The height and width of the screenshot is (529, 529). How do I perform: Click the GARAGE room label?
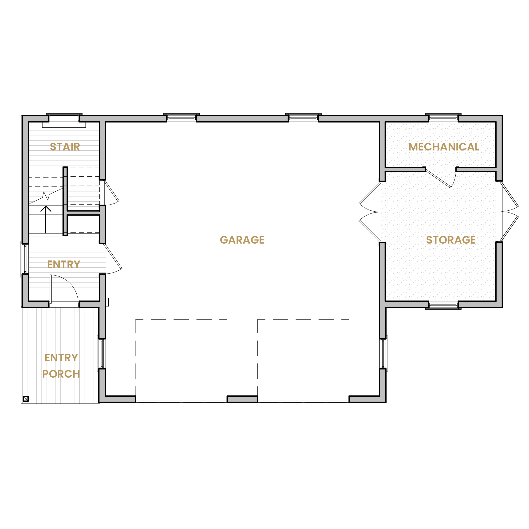tap(242, 240)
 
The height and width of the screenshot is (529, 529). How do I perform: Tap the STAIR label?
tap(65, 147)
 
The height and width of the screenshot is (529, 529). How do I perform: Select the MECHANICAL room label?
tap(444, 147)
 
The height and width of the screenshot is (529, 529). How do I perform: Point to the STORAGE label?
tap(451, 240)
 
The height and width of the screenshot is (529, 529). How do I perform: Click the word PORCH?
tap(61, 374)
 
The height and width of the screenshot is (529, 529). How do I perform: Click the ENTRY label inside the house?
tap(63, 264)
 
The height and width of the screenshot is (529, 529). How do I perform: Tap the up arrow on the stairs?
tap(46, 220)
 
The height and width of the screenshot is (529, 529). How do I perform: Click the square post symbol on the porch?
tap(26, 399)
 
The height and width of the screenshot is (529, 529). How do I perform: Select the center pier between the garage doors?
tap(242, 399)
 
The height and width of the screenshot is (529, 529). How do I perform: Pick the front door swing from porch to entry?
tap(64, 288)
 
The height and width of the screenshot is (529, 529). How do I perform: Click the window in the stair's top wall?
tap(64, 118)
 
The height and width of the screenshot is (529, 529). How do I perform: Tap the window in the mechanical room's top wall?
tap(443, 118)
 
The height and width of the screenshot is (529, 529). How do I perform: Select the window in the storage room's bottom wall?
tap(443, 305)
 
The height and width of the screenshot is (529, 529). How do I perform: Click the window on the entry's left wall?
tap(25, 259)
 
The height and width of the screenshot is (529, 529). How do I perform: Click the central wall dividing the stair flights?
tap(65, 201)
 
